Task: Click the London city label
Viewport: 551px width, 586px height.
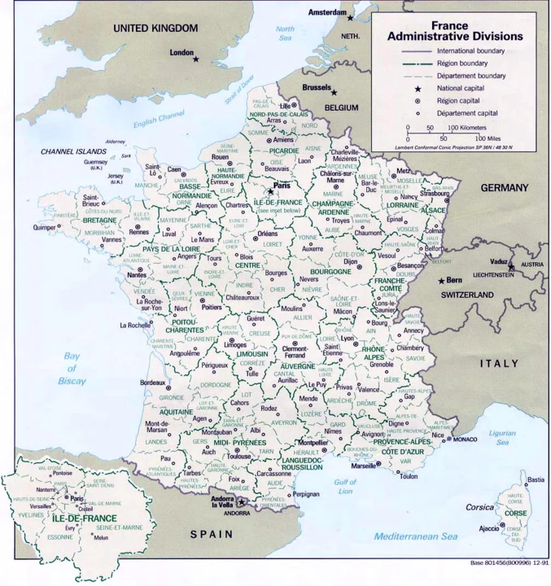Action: (181, 52)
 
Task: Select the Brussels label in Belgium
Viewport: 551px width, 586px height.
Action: (316, 87)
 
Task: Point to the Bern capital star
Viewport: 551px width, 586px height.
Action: (440, 281)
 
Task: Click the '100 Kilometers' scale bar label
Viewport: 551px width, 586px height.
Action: (466, 128)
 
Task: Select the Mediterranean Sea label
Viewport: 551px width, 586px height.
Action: (417, 536)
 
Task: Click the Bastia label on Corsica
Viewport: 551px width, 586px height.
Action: (536, 480)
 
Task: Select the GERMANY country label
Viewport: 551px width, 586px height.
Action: (504, 187)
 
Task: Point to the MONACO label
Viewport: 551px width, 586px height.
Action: (465, 439)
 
